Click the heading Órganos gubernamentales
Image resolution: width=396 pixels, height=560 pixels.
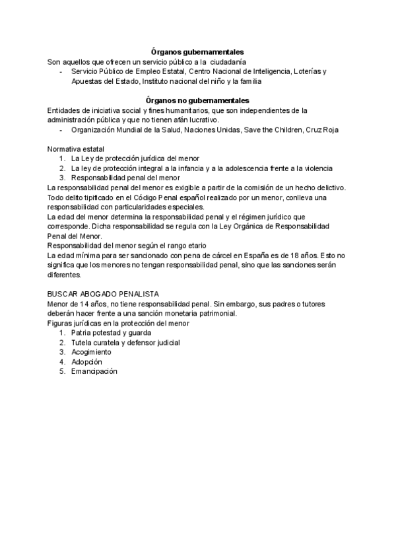pyautogui.click(x=198, y=52)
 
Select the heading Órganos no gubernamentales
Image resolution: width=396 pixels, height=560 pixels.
pyautogui.click(x=198, y=100)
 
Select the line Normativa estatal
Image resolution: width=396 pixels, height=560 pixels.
pyautogui.click(x=76, y=149)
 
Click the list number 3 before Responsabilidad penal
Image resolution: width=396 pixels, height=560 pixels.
pyautogui.click(x=61, y=178)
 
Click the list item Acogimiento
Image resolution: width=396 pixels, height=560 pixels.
pyautogui.click(x=92, y=352)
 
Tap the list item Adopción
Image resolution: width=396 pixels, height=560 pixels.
pyautogui.click(x=87, y=362)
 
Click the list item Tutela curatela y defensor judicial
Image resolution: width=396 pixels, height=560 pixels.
pyautogui.click(x=125, y=343)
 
